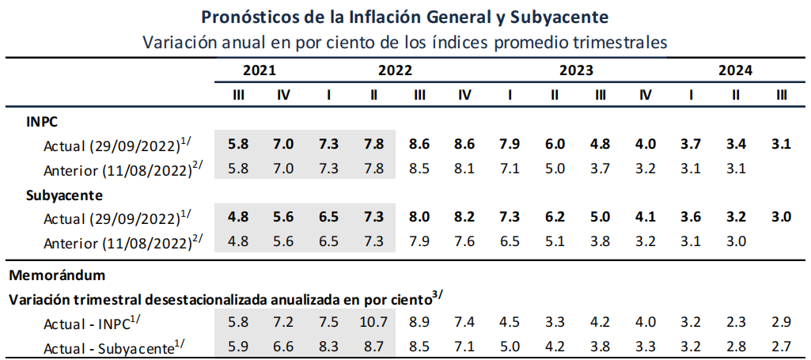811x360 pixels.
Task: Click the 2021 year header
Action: [260, 70]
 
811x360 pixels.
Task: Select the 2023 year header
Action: [577, 70]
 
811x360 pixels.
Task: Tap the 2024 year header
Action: [735, 70]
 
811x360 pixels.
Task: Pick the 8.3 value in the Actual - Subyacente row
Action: [328, 345]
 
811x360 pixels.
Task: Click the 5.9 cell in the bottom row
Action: [237, 345]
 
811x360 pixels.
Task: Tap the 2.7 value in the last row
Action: [782, 345]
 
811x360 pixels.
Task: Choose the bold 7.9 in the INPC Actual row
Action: [510, 144]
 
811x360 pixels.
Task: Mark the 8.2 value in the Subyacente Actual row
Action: [464, 217]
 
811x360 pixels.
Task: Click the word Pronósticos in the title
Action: [249, 17]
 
